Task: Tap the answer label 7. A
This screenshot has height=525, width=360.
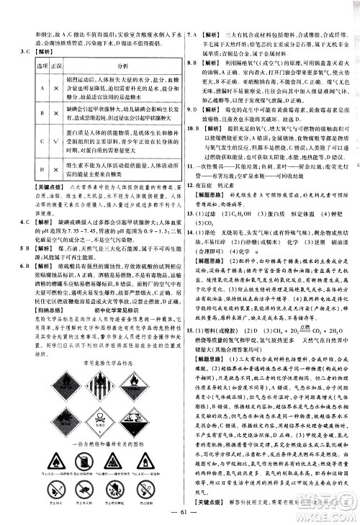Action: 192,34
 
